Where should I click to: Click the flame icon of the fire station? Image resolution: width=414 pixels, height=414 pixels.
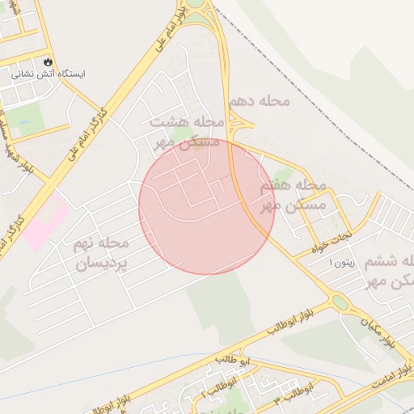pos(49,61)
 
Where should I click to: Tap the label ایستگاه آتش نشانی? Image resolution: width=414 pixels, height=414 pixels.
pos(49,74)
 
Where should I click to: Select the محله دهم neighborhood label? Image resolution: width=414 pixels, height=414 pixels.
pos(259,101)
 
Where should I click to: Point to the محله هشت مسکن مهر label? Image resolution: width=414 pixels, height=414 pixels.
pos(186,131)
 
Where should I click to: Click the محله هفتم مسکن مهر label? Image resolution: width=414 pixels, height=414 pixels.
pos(293,195)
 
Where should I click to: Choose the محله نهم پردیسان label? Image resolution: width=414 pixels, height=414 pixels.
pos(101,252)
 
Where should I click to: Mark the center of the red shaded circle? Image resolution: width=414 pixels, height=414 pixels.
pos(207,206)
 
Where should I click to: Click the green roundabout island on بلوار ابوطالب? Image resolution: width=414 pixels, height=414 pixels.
pos(340,302)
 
